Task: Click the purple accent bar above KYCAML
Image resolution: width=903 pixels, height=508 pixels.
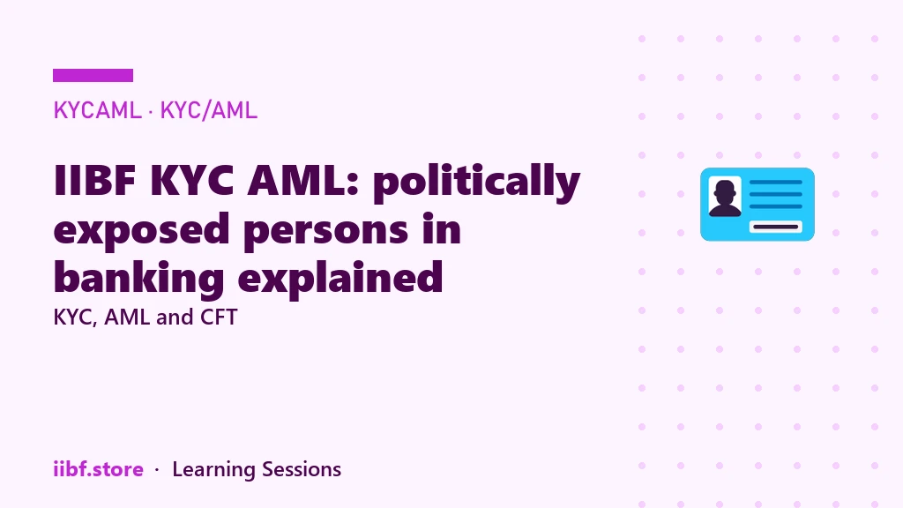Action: [93, 76]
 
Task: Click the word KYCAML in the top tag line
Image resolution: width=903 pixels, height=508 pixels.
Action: [97, 110]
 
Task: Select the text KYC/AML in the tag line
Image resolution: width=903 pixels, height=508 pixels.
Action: [208, 110]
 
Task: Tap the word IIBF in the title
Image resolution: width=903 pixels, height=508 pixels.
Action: [94, 181]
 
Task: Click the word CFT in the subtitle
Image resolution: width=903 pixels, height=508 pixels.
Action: [219, 317]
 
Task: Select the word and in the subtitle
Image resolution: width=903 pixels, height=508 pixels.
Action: [174, 317]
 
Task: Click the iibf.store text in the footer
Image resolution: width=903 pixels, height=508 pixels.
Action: [99, 469]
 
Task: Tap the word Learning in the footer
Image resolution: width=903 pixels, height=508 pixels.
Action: [213, 470]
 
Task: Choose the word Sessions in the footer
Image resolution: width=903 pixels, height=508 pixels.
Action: [302, 469]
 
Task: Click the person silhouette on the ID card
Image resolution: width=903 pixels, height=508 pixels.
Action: [725, 198]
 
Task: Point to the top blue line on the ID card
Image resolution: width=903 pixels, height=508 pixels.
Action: [776, 182]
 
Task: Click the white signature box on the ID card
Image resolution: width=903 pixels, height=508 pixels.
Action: [776, 227]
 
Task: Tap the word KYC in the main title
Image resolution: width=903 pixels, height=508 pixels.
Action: [191, 181]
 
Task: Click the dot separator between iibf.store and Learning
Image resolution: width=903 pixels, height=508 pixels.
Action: [157, 470]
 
